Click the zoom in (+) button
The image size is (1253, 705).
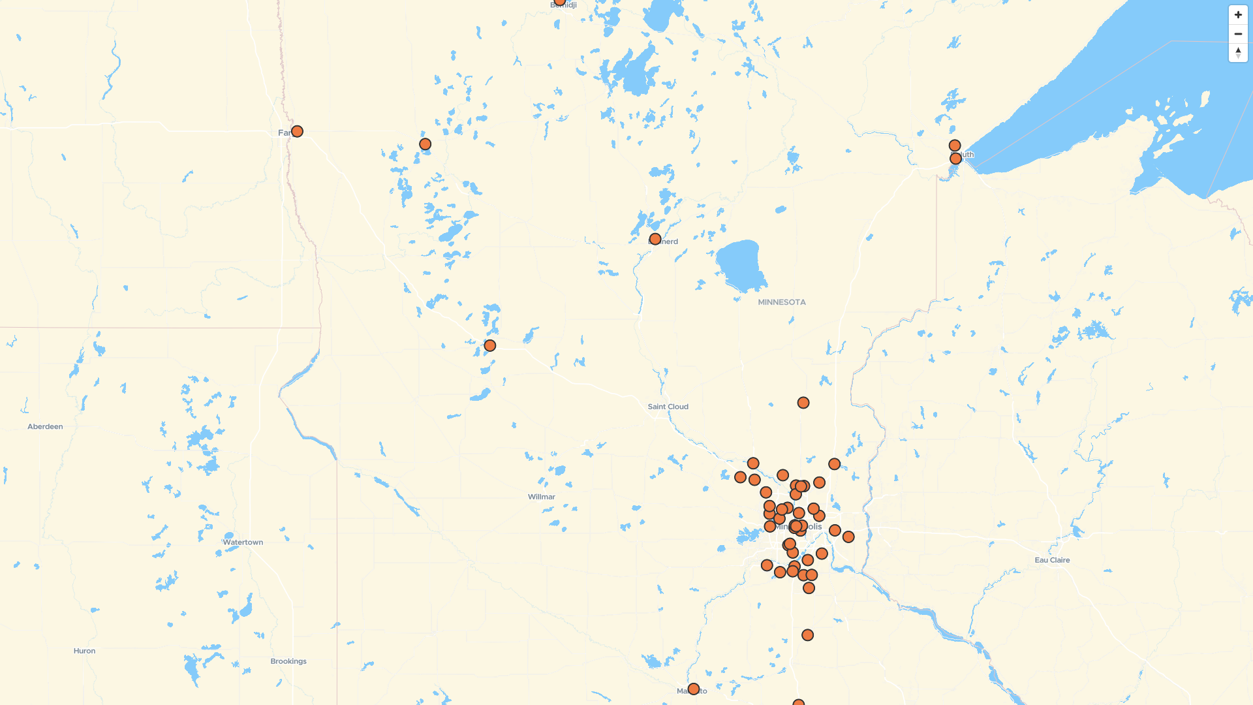pos(1238,15)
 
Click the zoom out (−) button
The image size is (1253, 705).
pos(1238,34)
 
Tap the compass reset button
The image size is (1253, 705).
pos(1238,52)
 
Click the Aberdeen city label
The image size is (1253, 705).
pos(45,427)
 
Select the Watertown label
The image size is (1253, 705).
pos(243,542)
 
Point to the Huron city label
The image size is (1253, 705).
pos(84,651)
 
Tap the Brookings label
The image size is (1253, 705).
pos(288,661)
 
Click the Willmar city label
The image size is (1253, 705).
pos(541,497)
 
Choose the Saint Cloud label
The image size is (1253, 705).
pos(668,407)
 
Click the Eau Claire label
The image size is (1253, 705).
pos(1052,560)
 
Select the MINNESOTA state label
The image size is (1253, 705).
pos(782,302)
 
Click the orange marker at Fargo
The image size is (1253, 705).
pos(297,131)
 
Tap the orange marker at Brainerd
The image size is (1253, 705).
pos(655,239)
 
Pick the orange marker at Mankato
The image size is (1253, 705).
pos(694,689)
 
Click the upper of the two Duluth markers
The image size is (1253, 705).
pos(955,146)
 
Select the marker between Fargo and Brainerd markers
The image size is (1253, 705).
pos(425,144)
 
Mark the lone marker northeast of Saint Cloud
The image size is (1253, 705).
pos(803,403)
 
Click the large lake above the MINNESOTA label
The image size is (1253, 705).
pos(740,264)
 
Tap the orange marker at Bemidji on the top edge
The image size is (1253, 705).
pos(560,2)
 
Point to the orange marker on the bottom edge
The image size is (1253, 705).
pos(798,703)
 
